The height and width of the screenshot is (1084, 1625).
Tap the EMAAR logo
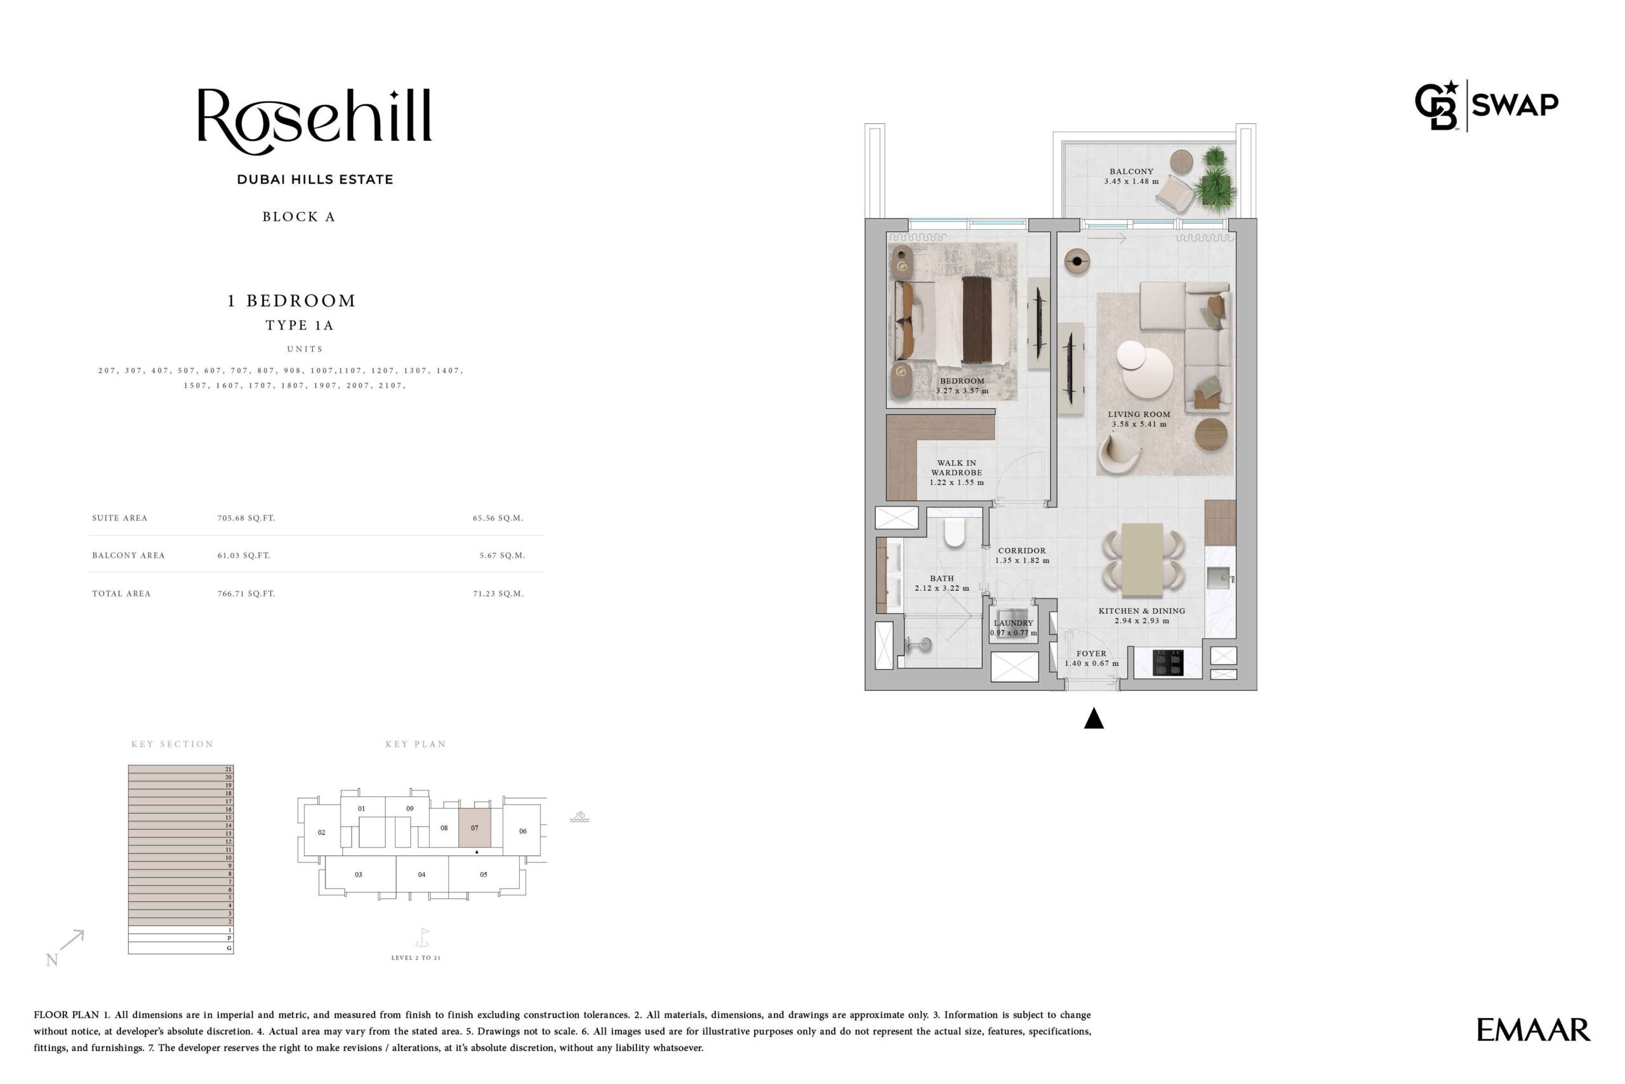(1533, 1029)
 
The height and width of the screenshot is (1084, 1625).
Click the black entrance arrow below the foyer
(1093, 718)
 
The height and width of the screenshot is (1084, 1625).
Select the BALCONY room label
(1131, 171)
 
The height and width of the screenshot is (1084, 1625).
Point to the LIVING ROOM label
(1139, 414)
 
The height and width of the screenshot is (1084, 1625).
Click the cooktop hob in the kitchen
(1168, 663)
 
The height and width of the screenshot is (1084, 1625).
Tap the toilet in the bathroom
(954, 532)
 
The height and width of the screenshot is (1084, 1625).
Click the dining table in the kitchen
(1143, 559)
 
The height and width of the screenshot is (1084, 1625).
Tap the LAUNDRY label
(1013, 623)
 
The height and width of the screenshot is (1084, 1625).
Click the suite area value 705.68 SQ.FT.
(246, 518)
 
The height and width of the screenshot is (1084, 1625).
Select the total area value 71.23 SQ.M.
(498, 593)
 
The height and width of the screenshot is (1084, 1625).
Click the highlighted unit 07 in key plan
(474, 828)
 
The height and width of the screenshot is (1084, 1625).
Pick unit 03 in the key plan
(358, 875)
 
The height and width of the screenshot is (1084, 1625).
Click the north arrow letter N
(52, 960)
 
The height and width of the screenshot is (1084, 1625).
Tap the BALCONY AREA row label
(129, 555)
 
